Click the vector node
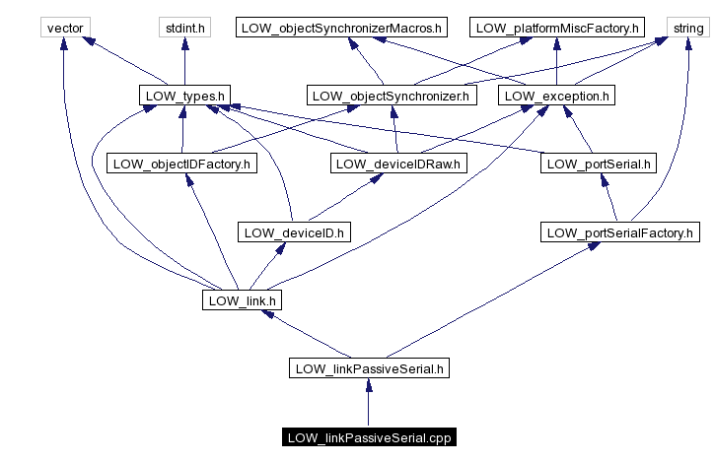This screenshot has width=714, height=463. click(64, 28)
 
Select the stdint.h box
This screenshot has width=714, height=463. click(184, 28)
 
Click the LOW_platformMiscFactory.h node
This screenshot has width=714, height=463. click(557, 28)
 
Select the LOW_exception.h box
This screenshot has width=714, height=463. click(557, 96)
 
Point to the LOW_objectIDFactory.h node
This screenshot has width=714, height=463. click(181, 164)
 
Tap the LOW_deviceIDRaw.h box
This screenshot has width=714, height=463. click(397, 164)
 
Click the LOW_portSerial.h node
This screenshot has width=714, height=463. click(598, 164)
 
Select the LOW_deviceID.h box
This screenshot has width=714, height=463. click(295, 232)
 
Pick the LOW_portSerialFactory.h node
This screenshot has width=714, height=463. click(620, 232)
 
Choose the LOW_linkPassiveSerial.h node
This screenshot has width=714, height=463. click(369, 368)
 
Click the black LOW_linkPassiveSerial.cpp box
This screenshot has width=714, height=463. click(369, 436)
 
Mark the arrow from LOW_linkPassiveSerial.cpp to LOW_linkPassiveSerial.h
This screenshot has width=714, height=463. click(369, 403)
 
